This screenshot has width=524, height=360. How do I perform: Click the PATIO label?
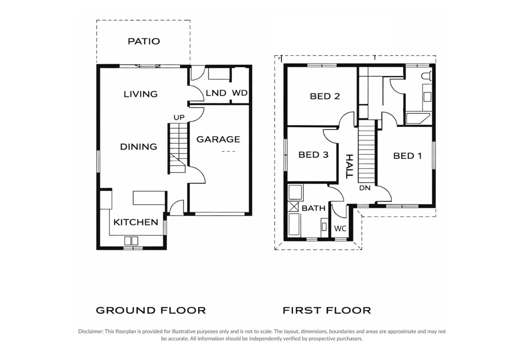(144, 41)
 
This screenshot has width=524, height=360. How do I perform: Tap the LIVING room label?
(141, 94)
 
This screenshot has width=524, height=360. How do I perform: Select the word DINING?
(139, 147)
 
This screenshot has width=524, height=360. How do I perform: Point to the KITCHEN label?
(136, 222)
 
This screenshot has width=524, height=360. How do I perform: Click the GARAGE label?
(218, 139)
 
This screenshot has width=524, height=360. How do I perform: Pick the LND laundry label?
(216, 93)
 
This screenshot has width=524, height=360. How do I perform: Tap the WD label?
(240, 93)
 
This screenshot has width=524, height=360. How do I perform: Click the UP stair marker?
(179, 118)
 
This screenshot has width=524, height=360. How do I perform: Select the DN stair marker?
(365, 188)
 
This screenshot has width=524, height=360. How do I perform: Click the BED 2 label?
(325, 96)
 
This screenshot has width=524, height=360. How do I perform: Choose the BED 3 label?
(314, 155)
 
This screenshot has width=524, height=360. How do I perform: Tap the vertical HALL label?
(350, 167)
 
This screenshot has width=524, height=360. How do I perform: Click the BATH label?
(314, 208)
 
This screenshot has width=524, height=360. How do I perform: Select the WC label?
(340, 229)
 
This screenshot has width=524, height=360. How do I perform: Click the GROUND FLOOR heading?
(151, 311)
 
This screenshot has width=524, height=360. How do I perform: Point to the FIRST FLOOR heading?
(327, 311)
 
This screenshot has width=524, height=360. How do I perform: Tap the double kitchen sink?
(131, 241)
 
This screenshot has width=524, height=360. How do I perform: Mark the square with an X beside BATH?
(293, 207)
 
